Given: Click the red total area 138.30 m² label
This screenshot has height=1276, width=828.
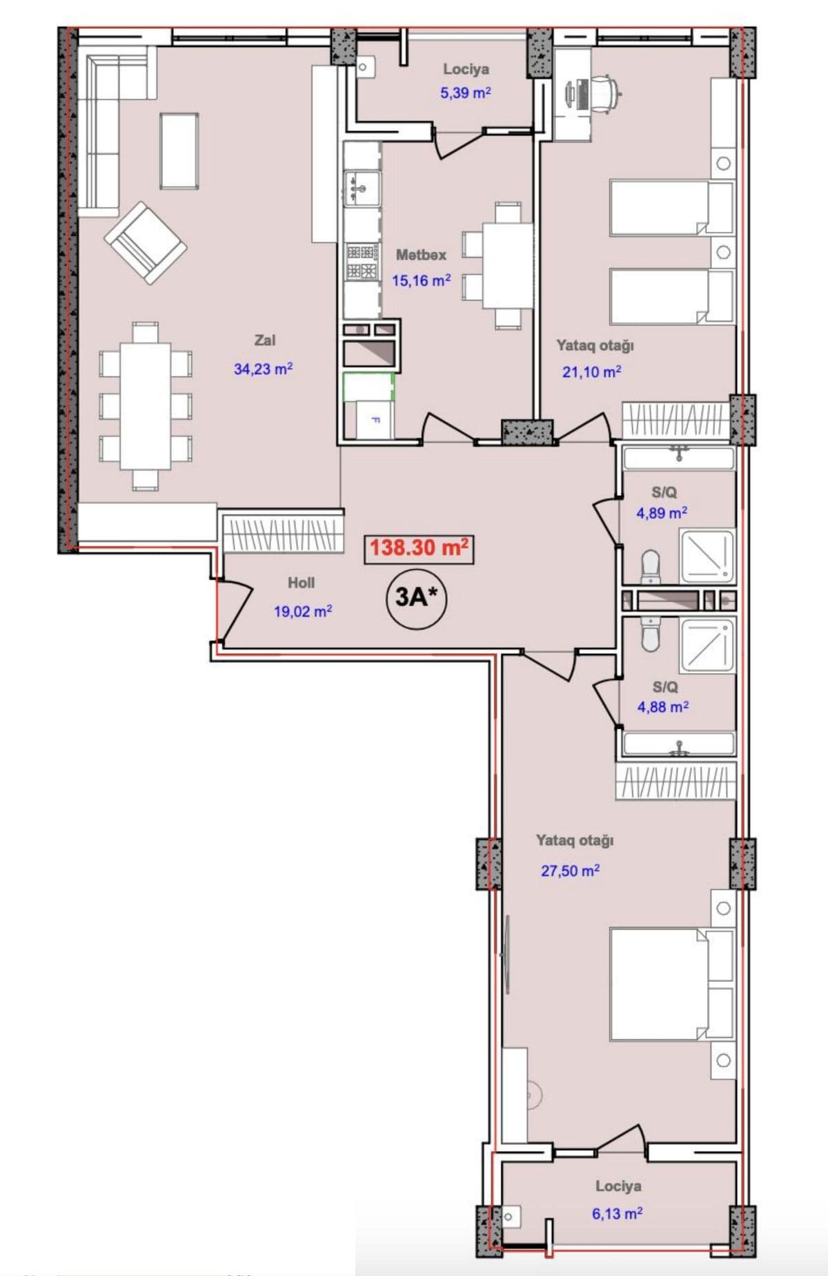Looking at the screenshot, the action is coord(419,548).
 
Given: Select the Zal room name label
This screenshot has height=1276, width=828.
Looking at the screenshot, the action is coord(265,340).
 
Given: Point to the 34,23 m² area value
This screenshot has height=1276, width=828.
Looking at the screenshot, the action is coord(264,369).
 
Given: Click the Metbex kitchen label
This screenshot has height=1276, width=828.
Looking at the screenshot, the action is coord(421,255).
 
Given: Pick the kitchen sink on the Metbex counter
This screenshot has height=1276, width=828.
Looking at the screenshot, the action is coord(362,188).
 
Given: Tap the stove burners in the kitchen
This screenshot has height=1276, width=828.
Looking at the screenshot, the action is coord(362,262).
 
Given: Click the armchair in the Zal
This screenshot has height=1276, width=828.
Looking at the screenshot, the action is coord(146,242).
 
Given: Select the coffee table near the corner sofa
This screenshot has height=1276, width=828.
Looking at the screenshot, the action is coord(179,151).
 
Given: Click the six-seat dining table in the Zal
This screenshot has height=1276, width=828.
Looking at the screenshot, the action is coord(146,406).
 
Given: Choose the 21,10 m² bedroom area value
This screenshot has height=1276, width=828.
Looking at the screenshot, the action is coord(591,372).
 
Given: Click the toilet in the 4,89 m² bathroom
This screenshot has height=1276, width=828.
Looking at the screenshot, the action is coord(650,567).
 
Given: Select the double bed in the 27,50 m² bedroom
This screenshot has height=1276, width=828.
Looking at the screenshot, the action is coord(671,985).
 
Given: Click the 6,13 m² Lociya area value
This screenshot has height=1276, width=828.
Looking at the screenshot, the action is coord(618,1214).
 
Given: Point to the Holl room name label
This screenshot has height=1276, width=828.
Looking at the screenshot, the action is coord(301,583).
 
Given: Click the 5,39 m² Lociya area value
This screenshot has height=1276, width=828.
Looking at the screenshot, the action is coord(466,93).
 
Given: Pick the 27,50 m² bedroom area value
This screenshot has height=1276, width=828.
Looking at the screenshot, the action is coord(570,871).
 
